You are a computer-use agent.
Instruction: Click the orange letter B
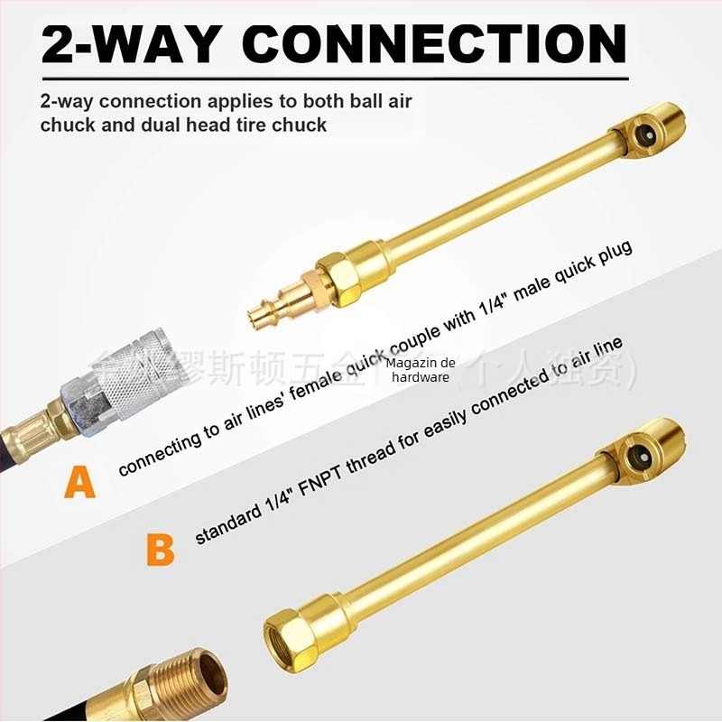click(x=160, y=549)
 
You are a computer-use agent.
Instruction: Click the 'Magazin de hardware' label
click(x=421, y=369)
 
